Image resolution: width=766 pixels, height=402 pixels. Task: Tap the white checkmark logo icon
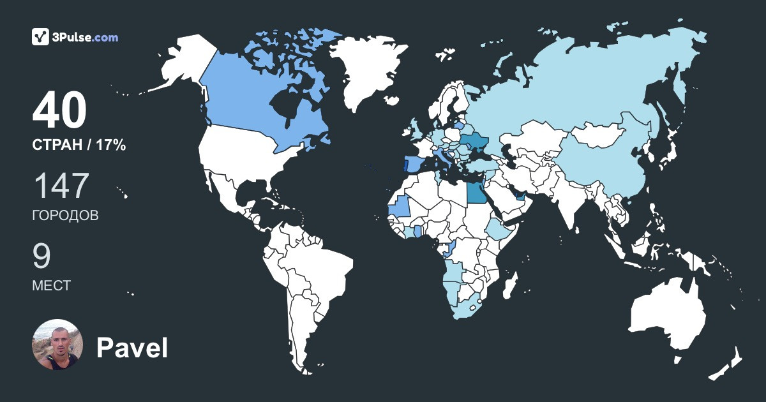(x=40, y=37)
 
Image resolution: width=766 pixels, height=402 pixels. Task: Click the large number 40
(x=59, y=112)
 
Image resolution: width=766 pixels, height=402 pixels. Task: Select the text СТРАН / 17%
(x=79, y=145)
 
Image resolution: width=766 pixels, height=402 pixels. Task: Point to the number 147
(x=61, y=186)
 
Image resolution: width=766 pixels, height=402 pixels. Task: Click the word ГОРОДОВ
(x=65, y=215)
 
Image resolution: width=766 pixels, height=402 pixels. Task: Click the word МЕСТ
(x=51, y=285)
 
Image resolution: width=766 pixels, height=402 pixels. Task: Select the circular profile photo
(x=57, y=345)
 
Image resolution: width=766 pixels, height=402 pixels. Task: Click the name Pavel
(x=131, y=348)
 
